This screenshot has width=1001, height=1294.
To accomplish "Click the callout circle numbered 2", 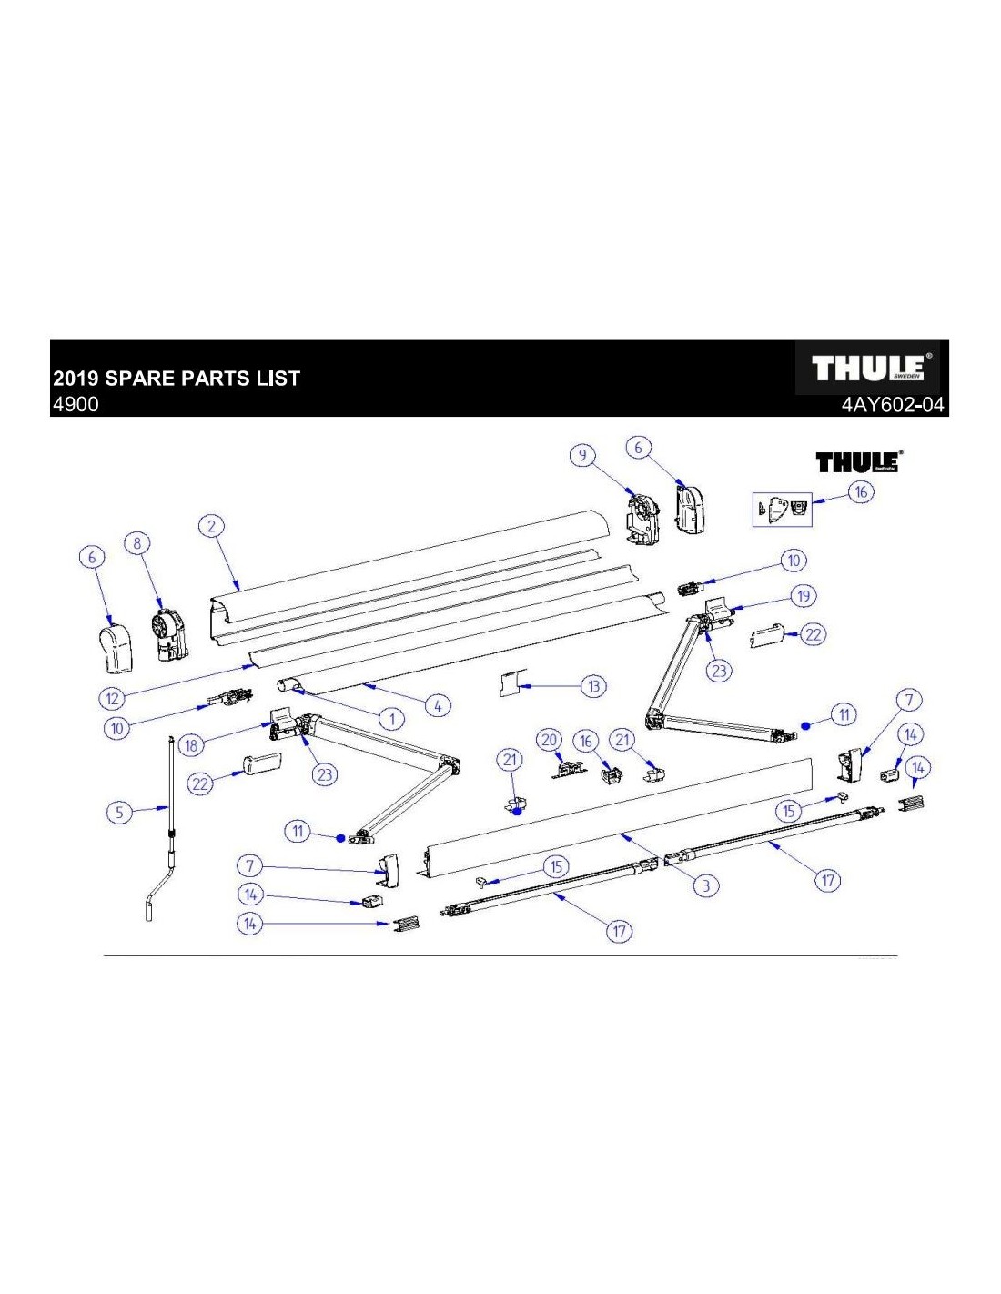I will (x=211, y=526).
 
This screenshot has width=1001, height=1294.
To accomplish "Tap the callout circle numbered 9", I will (x=582, y=456).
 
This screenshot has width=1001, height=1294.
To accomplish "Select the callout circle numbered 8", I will (x=137, y=543).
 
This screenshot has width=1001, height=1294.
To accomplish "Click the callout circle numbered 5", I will (x=119, y=812).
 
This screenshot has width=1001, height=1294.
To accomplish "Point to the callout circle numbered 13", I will (x=593, y=686).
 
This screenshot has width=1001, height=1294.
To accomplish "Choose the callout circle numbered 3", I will (x=705, y=885).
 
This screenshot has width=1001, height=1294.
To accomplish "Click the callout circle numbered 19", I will (x=803, y=596).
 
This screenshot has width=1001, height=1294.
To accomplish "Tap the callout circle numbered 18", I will (x=191, y=745).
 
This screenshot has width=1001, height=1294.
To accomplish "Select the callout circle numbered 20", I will (x=549, y=740).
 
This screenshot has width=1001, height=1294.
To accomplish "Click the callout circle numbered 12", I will (x=112, y=698).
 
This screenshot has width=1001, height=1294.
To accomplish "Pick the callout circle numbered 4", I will (x=438, y=705).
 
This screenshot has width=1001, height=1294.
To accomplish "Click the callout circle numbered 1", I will (x=391, y=719).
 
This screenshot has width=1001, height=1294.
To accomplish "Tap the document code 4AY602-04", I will (x=894, y=405).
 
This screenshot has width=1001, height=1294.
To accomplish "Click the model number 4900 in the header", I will (x=76, y=404).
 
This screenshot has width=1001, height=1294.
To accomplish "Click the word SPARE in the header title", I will (x=148, y=379).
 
